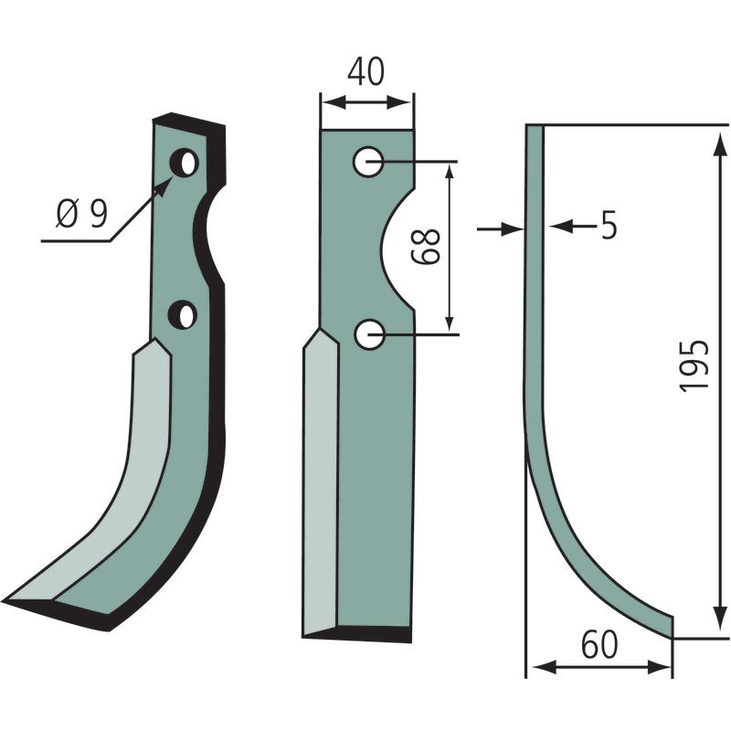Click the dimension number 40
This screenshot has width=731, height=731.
(366, 72)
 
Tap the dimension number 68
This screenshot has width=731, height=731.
(426, 247)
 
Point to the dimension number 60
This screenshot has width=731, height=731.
(599, 645)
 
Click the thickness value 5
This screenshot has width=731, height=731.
(609, 225)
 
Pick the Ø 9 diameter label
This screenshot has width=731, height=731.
(82, 214)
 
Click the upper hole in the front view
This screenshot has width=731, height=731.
(368, 162)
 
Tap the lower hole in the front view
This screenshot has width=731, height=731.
(369, 334)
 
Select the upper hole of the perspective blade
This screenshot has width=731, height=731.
(185, 163)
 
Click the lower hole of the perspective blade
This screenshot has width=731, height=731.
(183, 314)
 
